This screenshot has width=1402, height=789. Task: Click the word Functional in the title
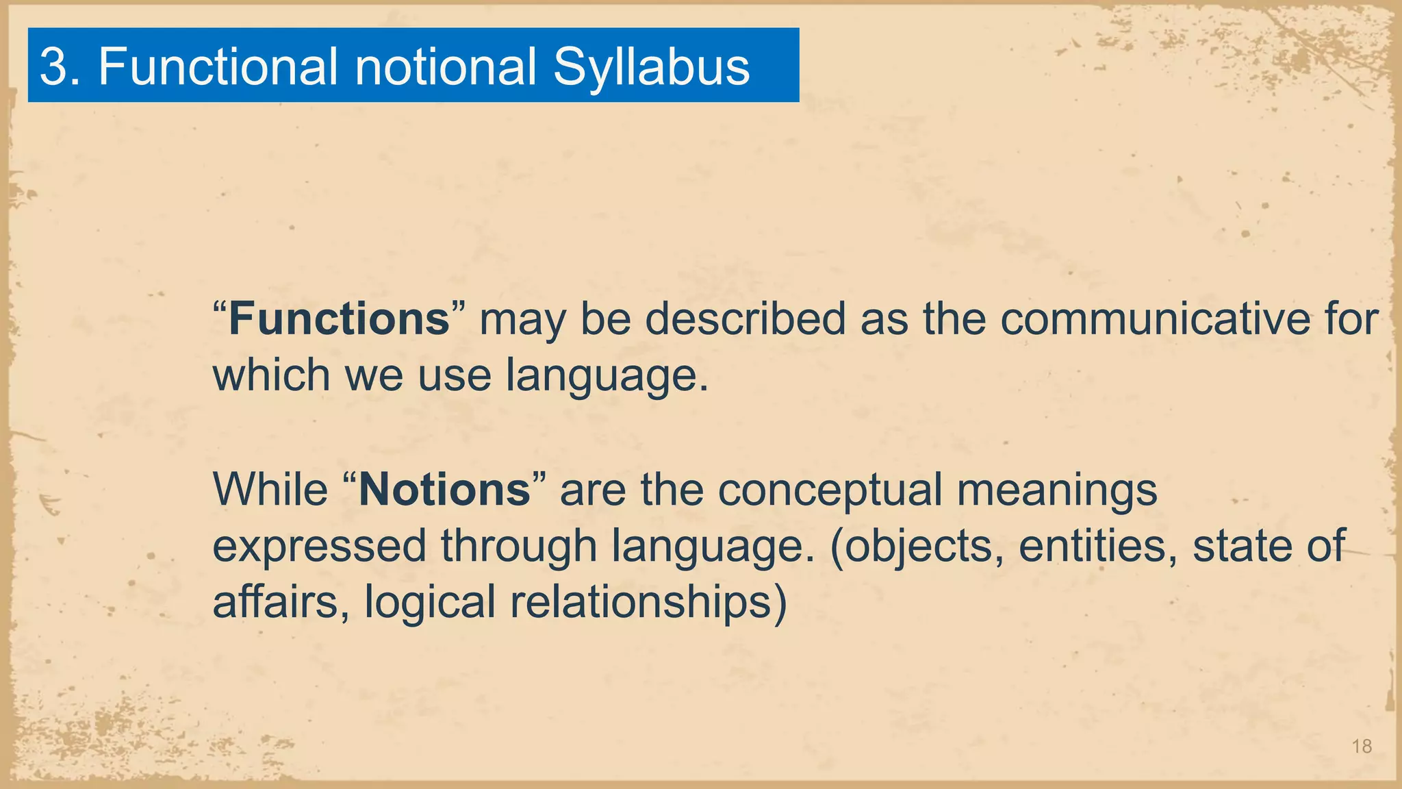pyautogui.click(x=218, y=66)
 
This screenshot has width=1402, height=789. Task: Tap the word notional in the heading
pyautogui.click(x=446, y=66)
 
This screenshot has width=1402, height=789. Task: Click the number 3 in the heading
pyautogui.click(x=54, y=66)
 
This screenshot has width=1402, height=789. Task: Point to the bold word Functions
pyautogui.click(x=338, y=319)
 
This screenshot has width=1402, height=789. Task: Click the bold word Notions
pyautogui.click(x=444, y=490)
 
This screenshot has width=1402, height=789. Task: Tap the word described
pyautogui.click(x=745, y=319)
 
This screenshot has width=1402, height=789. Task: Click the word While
pyautogui.click(x=270, y=490)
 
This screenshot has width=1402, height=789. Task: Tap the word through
pyautogui.click(x=519, y=547)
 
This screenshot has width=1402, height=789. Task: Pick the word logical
pyautogui.click(x=429, y=602)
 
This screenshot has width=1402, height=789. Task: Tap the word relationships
pyautogui.click(x=641, y=602)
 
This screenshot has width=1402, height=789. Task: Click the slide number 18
pyautogui.click(x=1362, y=747)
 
